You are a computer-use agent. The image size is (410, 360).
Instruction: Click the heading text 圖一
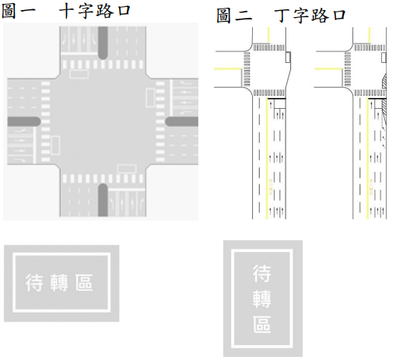19,11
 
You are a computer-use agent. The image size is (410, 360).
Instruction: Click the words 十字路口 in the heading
95,11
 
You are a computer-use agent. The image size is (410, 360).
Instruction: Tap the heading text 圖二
234,15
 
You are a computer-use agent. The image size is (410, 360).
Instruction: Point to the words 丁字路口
310,15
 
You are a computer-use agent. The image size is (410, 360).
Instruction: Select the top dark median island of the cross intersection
103,43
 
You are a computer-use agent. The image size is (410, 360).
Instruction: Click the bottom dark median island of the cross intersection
103,200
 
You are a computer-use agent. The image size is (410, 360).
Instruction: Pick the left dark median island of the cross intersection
24,121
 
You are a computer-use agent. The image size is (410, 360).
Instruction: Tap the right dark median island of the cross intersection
182,121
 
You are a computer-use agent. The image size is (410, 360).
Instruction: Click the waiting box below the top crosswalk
79,74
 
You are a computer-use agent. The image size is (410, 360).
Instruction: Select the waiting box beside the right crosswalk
150,98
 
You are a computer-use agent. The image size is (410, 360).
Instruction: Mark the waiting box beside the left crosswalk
55,145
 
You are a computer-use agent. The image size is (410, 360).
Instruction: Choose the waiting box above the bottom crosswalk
127,169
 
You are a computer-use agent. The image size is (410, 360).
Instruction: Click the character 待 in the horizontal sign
34,283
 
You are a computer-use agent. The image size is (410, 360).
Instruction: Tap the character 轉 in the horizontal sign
59,283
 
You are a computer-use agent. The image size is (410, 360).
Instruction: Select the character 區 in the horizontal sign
84,283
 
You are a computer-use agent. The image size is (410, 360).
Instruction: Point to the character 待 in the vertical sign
262,273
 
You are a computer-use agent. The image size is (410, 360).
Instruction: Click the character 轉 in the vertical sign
262,299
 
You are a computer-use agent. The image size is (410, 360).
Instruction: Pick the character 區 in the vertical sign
262,324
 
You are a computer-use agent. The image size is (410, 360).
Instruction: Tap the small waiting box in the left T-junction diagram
288,57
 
